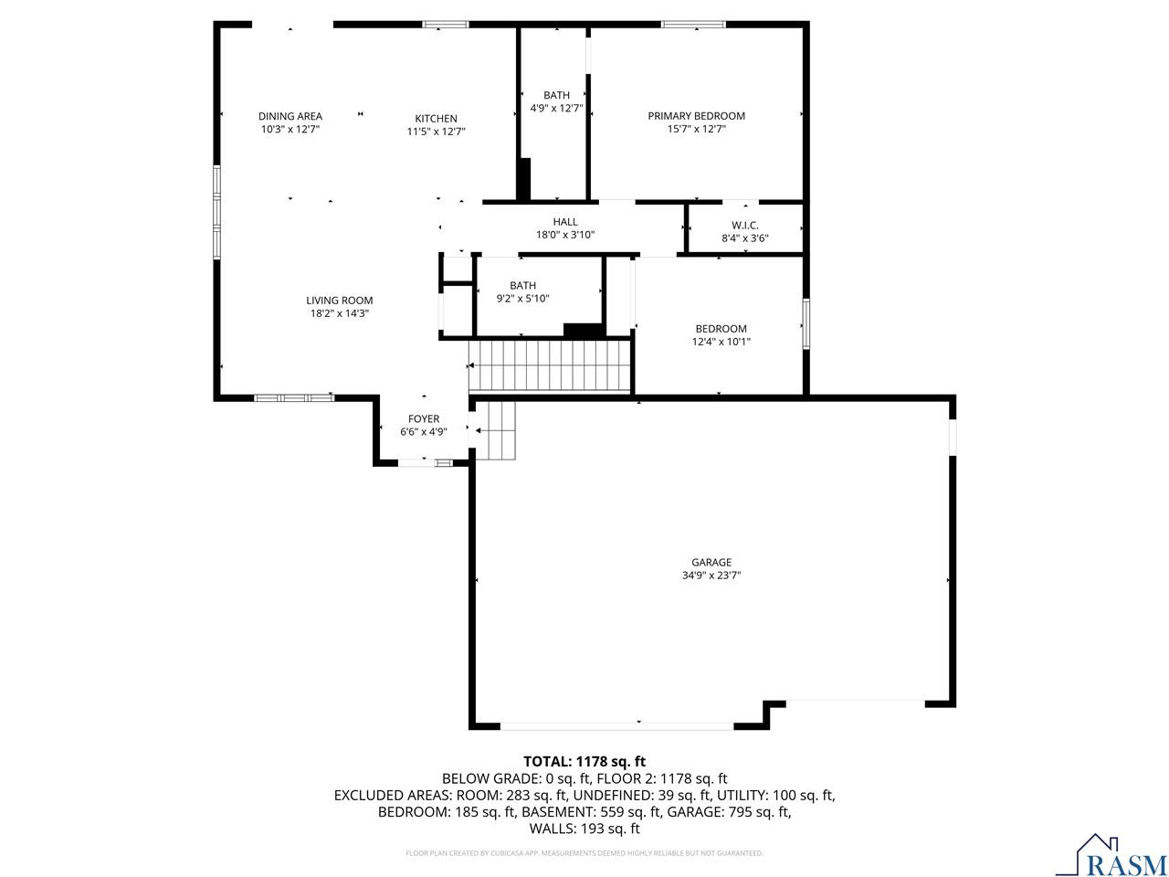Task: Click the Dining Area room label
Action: (x=290, y=116)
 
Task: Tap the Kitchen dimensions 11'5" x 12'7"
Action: (x=436, y=132)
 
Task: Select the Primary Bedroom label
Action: (x=696, y=116)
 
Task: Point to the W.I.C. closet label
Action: (x=744, y=226)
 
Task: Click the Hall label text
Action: (x=564, y=222)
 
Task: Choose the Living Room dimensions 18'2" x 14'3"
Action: (x=339, y=313)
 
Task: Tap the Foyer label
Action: (x=423, y=419)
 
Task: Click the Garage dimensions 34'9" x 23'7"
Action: (x=711, y=576)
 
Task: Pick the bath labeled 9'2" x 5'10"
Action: (x=522, y=291)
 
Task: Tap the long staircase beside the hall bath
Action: (x=550, y=365)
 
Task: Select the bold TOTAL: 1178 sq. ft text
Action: (x=584, y=761)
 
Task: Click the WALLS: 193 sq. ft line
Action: (x=584, y=829)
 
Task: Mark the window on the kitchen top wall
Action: (x=445, y=25)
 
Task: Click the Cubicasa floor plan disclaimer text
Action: (x=584, y=853)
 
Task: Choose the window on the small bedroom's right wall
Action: (x=806, y=322)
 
